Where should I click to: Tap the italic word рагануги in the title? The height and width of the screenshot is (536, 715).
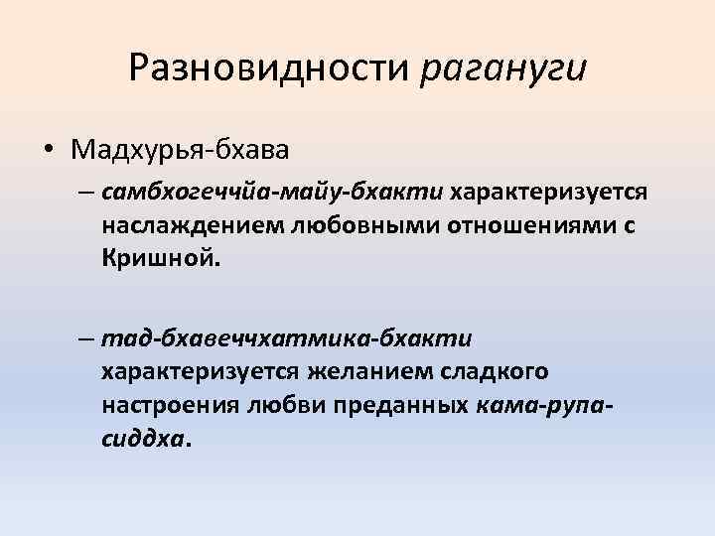click(503, 67)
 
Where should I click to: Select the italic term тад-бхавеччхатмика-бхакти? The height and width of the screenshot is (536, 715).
click(286, 338)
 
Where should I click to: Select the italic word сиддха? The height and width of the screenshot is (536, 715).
click(142, 441)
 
